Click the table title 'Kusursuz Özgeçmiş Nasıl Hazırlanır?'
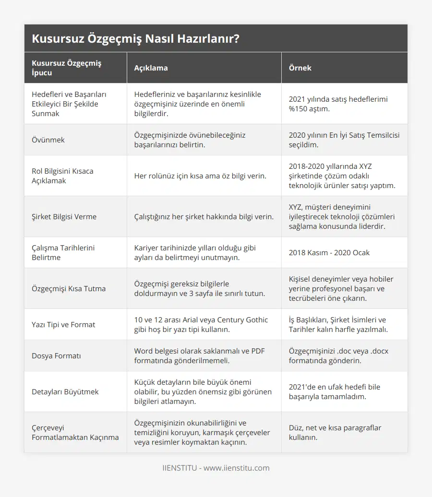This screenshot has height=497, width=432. point(136,39)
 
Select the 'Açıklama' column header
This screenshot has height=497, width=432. point(151,68)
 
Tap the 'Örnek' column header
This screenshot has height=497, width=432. point(300,68)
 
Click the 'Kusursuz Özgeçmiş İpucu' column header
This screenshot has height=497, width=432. point(67,68)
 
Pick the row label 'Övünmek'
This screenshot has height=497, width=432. point(48,140)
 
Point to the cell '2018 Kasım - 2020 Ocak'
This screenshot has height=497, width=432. point(329,252)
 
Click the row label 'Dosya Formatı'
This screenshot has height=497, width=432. point(56,355)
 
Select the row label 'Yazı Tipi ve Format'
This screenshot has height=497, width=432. point(63,324)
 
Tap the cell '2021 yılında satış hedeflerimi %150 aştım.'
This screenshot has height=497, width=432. point(338,104)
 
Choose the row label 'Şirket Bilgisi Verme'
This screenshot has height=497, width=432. point(64,216)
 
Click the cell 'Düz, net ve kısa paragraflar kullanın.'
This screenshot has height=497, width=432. point(335,432)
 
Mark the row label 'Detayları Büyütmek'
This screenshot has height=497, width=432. point(65,391)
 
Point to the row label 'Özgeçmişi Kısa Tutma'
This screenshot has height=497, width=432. point(69,288)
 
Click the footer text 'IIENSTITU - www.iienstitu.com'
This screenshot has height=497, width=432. point(216,468)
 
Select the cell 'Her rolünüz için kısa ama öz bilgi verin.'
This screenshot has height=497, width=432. point(200,176)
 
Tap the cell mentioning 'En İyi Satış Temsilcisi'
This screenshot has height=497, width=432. point(344,140)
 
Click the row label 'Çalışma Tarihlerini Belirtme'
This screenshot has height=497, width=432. point(63,252)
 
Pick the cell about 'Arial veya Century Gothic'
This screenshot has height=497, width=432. point(201,324)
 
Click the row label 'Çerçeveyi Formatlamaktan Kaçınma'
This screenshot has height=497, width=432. point(75,432)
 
